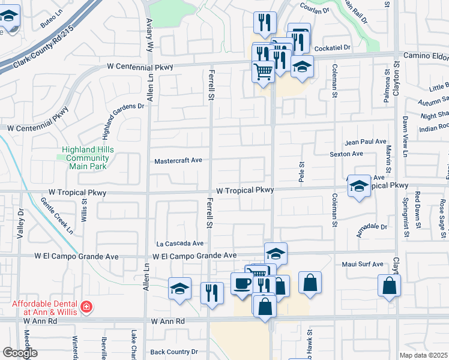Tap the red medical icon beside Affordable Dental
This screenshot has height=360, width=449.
coord(87,307)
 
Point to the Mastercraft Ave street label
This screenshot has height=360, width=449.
coord(178,161)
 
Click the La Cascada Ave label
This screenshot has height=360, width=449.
coord(180,244)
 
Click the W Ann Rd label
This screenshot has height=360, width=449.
coord(168,322)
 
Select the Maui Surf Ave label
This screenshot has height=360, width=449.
coord(363,264)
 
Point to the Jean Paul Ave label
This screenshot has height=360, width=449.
coord(366,142)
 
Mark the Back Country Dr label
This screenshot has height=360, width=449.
coord(174,352)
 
